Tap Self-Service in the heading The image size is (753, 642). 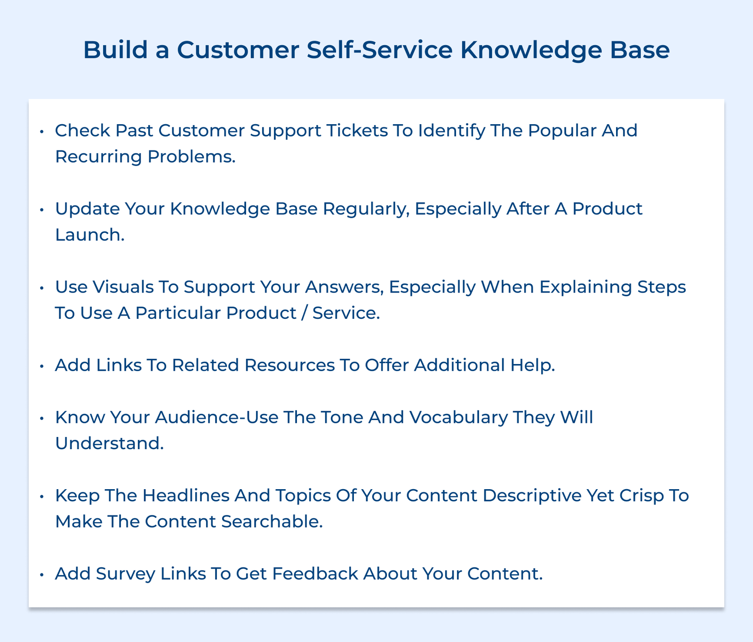[x=379, y=50]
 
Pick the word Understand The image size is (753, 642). [x=109, y=444]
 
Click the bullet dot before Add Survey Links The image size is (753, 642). [x=41, y=574]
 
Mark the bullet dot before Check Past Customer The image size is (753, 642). [x=41, y=131]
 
